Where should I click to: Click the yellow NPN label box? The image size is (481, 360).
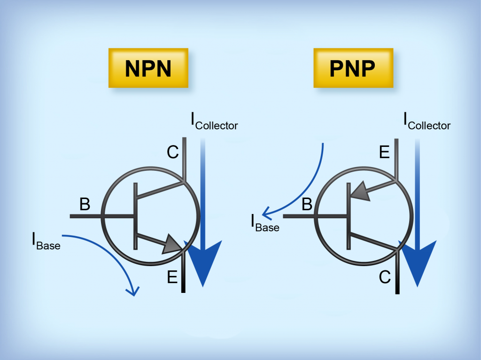148,68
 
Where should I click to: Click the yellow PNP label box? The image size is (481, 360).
353,68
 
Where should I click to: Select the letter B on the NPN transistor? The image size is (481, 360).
85,205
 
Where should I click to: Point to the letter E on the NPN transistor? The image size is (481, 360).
172,278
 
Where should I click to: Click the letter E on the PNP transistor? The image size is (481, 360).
384,153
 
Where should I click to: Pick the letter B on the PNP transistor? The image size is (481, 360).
307,205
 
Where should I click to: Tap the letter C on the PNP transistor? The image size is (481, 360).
385,278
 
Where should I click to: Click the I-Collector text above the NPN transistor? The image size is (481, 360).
214,122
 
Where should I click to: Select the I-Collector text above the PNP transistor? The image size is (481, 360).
427,122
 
